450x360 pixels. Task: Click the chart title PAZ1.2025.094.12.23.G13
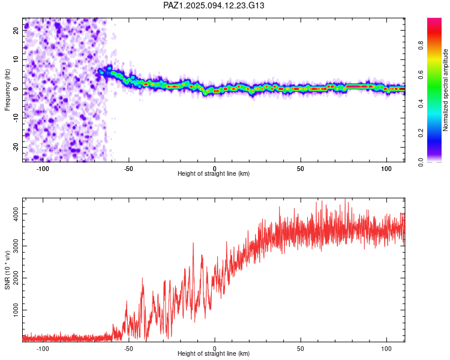[x=214, y=5]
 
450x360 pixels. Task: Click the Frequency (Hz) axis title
[x=7, y=89]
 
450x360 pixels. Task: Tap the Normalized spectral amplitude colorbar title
[x=445, y=90]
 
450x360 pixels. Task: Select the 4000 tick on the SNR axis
[x=13, y=214]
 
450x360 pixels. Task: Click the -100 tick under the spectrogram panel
[x=43, y=168]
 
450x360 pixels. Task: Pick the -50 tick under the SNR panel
[x=128, y=349]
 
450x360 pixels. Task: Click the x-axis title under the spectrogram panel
[x=214, y=174]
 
